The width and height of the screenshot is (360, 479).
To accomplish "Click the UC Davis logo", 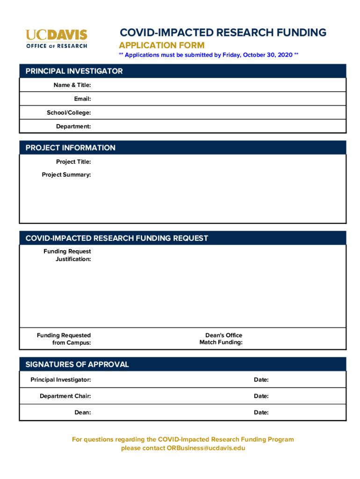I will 57,38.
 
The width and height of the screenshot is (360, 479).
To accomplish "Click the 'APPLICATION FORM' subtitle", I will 162,45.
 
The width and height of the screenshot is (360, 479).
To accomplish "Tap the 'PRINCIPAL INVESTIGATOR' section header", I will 74,71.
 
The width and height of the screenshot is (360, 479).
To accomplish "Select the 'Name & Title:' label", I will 72,85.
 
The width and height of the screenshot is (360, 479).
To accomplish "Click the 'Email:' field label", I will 82,99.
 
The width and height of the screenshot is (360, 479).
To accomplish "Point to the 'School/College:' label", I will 69,113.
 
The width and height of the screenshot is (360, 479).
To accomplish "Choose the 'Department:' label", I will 73,126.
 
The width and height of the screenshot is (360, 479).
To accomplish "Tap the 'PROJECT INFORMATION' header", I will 71,148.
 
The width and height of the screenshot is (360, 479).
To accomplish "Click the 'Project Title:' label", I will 73,162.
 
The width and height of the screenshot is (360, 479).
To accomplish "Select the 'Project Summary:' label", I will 66,175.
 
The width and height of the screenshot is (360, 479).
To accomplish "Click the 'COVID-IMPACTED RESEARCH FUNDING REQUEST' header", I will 117,238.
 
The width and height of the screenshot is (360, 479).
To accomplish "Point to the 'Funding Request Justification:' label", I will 68,255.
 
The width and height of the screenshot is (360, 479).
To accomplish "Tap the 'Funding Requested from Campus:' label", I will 64,339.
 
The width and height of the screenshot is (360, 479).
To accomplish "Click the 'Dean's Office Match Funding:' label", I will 221,339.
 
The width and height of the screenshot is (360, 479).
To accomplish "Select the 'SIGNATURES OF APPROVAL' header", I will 77,364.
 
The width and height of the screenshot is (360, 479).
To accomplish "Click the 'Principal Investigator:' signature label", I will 61,380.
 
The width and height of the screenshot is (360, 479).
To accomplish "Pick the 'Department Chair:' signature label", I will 65,396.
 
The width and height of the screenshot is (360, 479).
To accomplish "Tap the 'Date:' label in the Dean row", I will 261,413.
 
